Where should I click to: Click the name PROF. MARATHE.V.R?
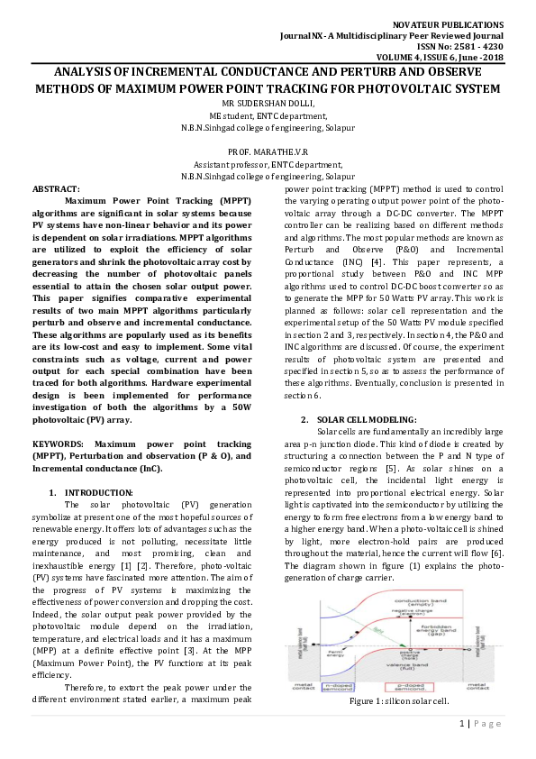(268, 152)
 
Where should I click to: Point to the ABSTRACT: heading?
(56, 187)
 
